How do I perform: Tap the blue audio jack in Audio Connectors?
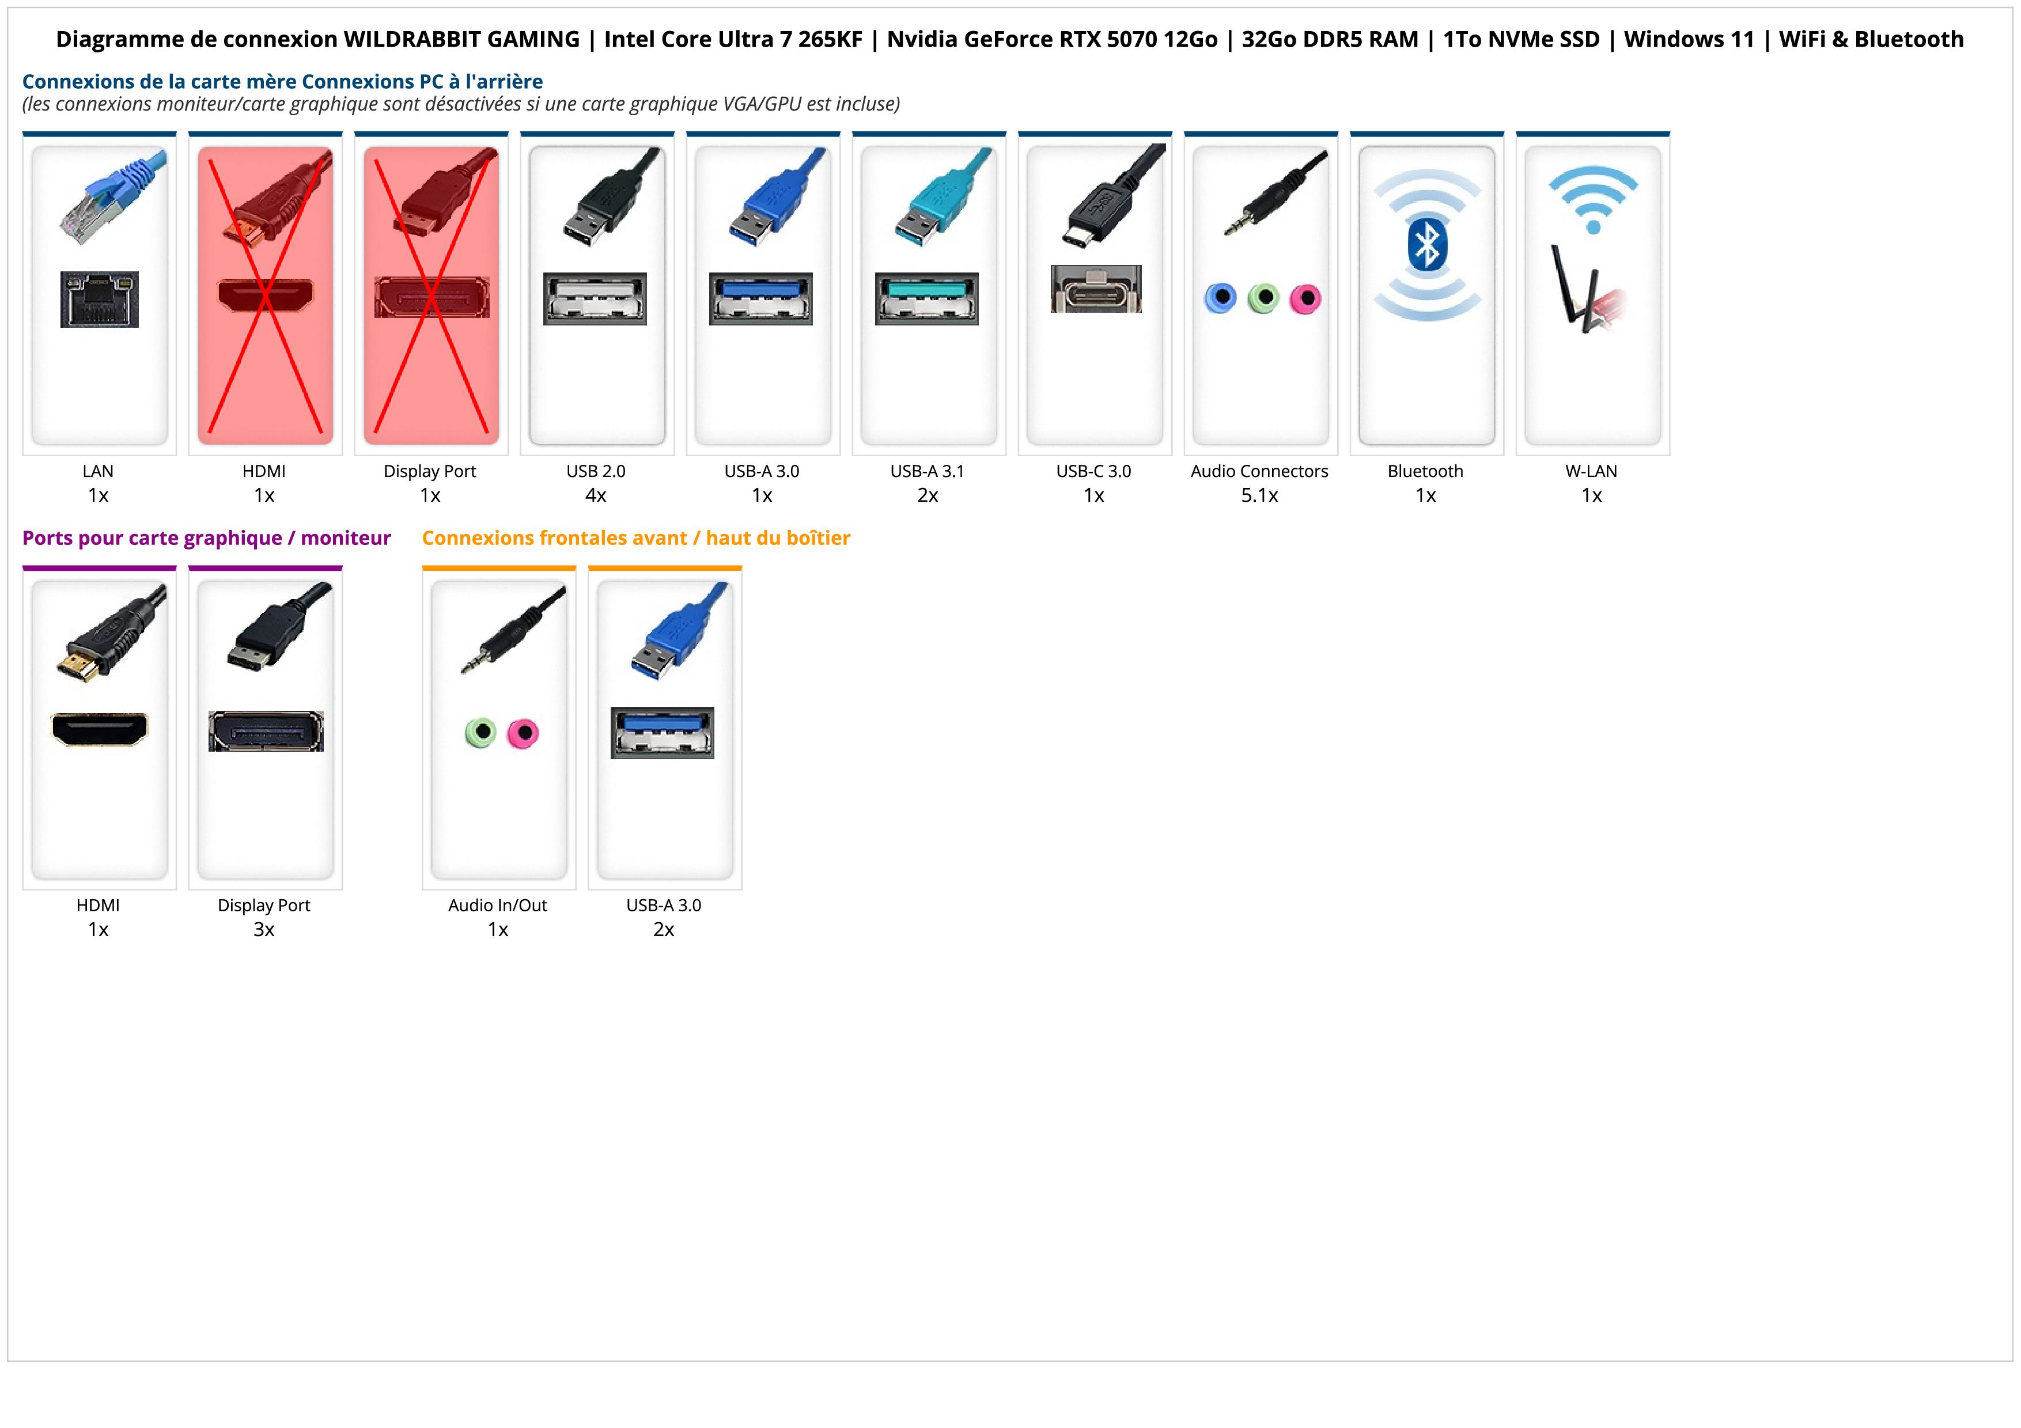pyautogui.click(x=1220, y=298)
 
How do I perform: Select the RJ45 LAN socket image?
pyautogui.click(x=100, y=299)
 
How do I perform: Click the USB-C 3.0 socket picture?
pyautogui.click(x=1095, y=289)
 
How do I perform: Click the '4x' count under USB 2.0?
pyautogui.click(x=596, y=495)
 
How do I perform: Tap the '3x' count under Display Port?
pyautogui.click(x=264, y=929)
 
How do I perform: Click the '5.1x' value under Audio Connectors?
pyautogui.click(x=1259, y=495)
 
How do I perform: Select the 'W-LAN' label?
pyautogui.click(x=1591, y=471)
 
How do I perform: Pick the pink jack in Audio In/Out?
pyautogui.click(x=523, y=733)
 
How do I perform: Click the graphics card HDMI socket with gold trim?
pyautogui.click(x=100, y=729)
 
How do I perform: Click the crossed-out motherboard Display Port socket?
pyautogui.click(x=432, y=297)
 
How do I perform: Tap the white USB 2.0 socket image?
pyautogui.click(x=595, y=298)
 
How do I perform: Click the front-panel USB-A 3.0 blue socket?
pyautogui.click(x=663, y=733)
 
